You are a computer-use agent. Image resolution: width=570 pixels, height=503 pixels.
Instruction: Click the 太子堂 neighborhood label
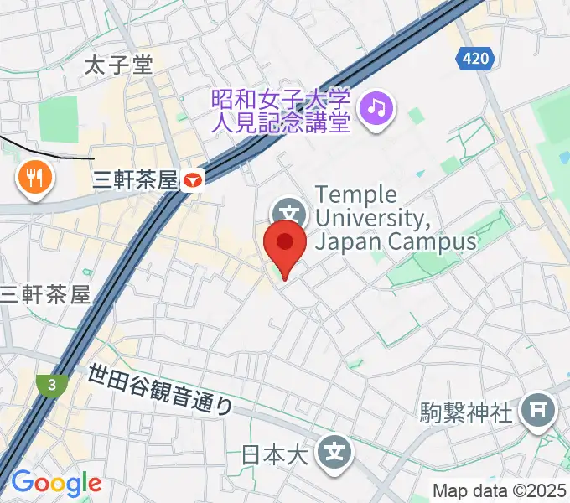pos(120,66)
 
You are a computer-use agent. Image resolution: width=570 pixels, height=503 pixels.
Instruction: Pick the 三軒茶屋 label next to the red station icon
pos(137,179)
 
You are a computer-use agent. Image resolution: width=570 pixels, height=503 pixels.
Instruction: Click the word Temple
pos(356,195)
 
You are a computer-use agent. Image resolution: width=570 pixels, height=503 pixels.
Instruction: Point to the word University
pos(374,219)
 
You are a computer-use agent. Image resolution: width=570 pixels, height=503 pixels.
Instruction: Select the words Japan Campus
pos(396,242)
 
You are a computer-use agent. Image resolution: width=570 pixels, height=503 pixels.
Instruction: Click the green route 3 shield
pos(53,386)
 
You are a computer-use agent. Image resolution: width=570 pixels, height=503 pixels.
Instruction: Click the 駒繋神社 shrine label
pos(465,412)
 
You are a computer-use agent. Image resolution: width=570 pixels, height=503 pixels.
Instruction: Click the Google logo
pos(56,483)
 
